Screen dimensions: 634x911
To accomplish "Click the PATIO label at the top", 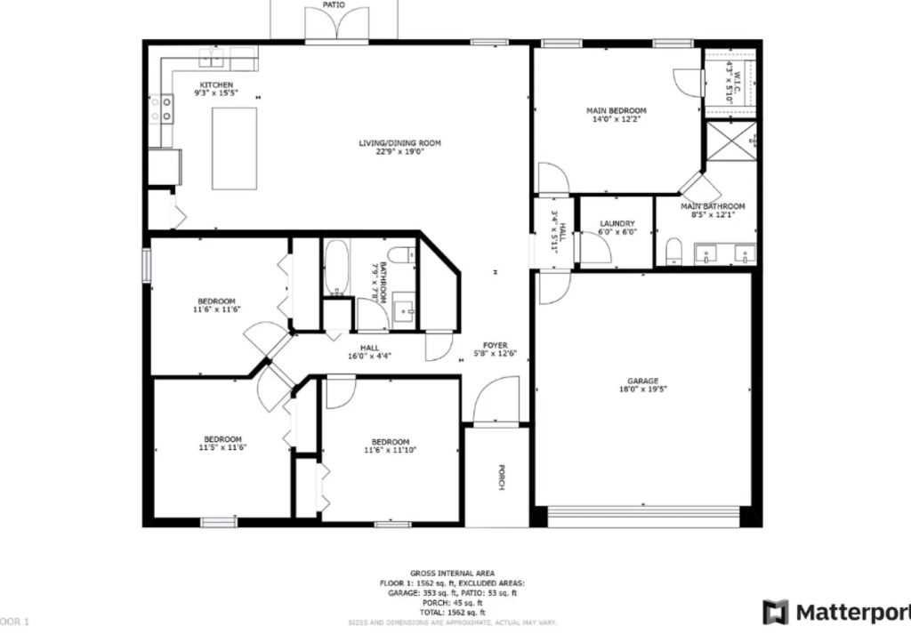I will coord(334,5).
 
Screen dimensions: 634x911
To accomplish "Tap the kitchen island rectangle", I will coord(234,148).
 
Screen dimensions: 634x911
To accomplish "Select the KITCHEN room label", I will coord(216,85).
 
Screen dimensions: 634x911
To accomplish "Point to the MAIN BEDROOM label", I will coord(616,111).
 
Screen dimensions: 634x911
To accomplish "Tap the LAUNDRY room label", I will coord(617,224).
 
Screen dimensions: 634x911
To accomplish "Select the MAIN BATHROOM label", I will coord(713,206).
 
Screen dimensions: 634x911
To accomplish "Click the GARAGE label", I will coord(643,381).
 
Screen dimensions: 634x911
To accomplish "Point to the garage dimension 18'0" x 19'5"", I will coord(643,389).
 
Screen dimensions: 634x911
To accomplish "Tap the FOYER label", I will coord(495,345).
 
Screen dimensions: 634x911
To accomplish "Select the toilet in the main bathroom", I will coord(673,251).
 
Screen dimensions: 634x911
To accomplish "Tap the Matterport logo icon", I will coord(776,613).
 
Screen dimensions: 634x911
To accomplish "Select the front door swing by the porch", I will coord(496,402).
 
